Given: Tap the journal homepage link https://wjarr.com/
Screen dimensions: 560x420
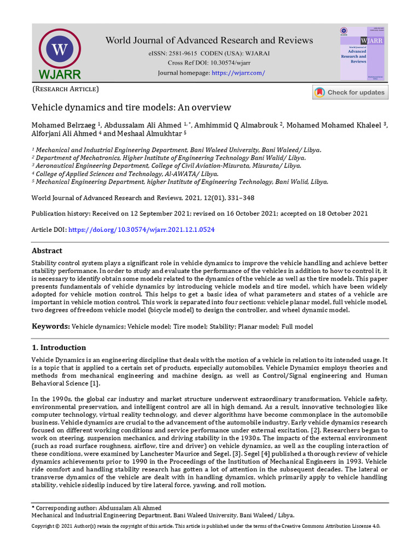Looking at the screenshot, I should [238, 73].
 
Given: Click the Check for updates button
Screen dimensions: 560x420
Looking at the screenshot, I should [350, 92].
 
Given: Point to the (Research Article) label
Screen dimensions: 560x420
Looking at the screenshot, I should [66, 89].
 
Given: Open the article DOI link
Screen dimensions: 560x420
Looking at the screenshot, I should [141, 230].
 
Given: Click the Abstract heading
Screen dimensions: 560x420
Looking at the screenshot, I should [47, 251].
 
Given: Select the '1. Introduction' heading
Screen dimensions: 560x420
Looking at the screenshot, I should [59, 348].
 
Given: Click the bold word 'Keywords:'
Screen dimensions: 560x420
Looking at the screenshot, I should [50, 326].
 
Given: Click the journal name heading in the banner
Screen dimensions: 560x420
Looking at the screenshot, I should [209, 40].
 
